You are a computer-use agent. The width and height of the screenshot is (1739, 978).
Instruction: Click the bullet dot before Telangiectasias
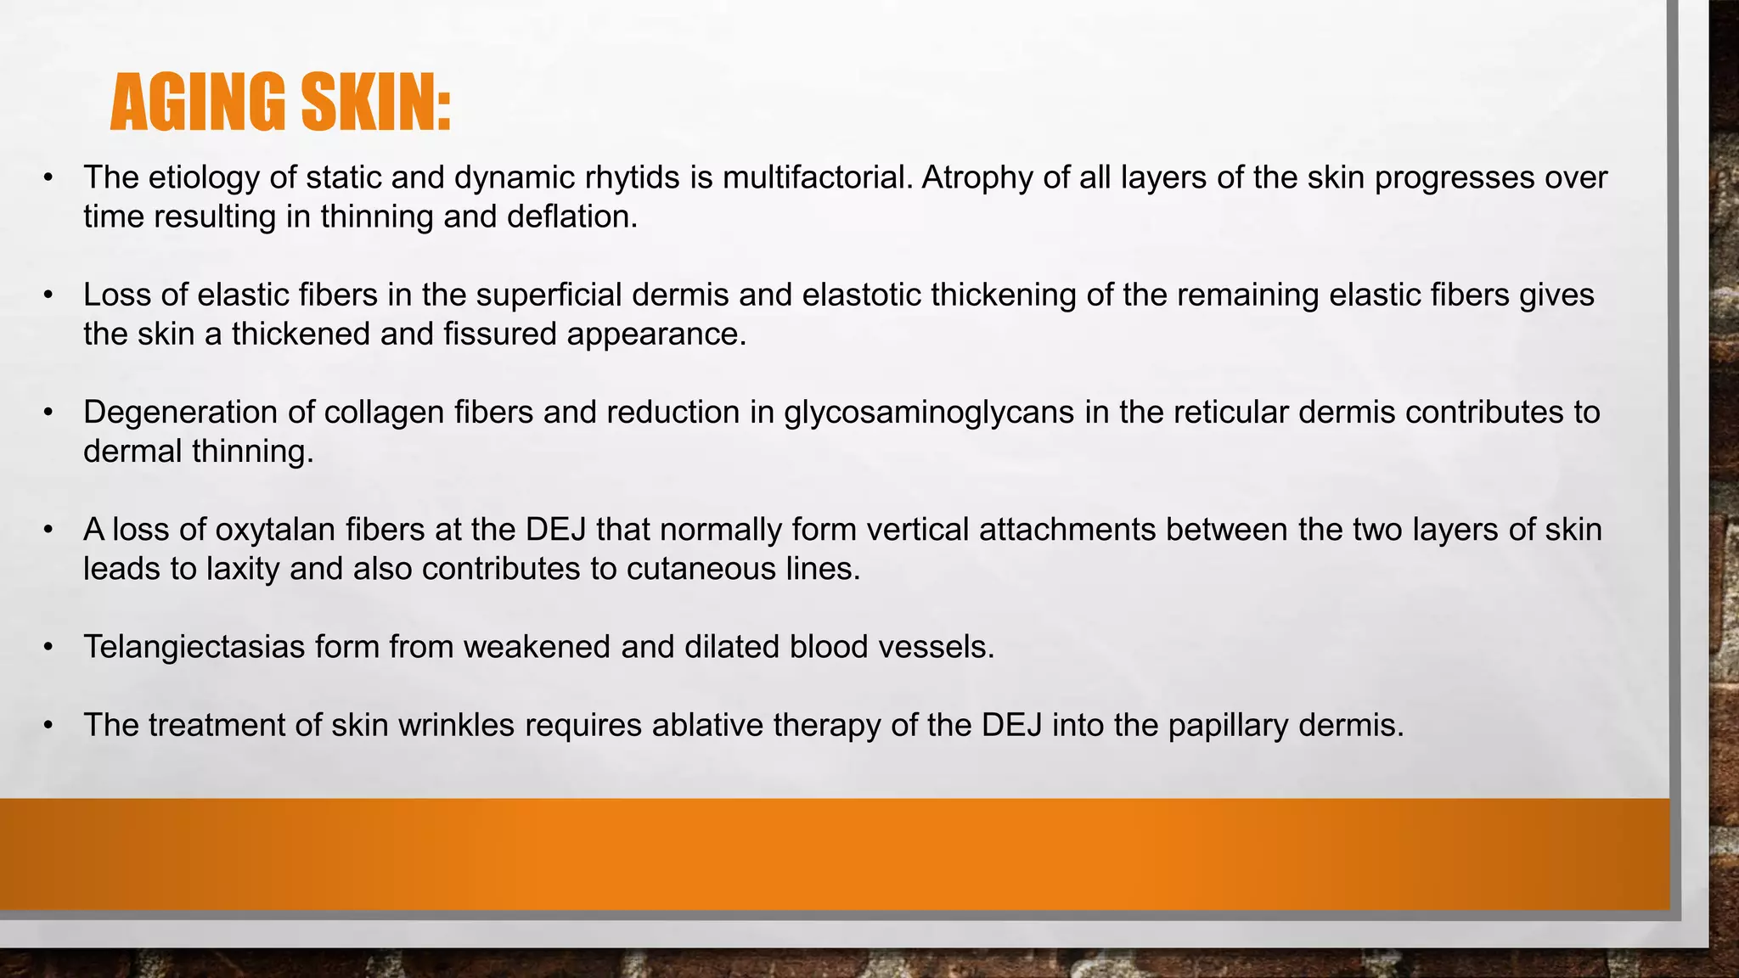coord(48,648)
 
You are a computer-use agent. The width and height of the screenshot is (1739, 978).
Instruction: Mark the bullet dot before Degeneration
coord(48,413)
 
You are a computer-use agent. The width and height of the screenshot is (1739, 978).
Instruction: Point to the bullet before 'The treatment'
coord(48,726)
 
